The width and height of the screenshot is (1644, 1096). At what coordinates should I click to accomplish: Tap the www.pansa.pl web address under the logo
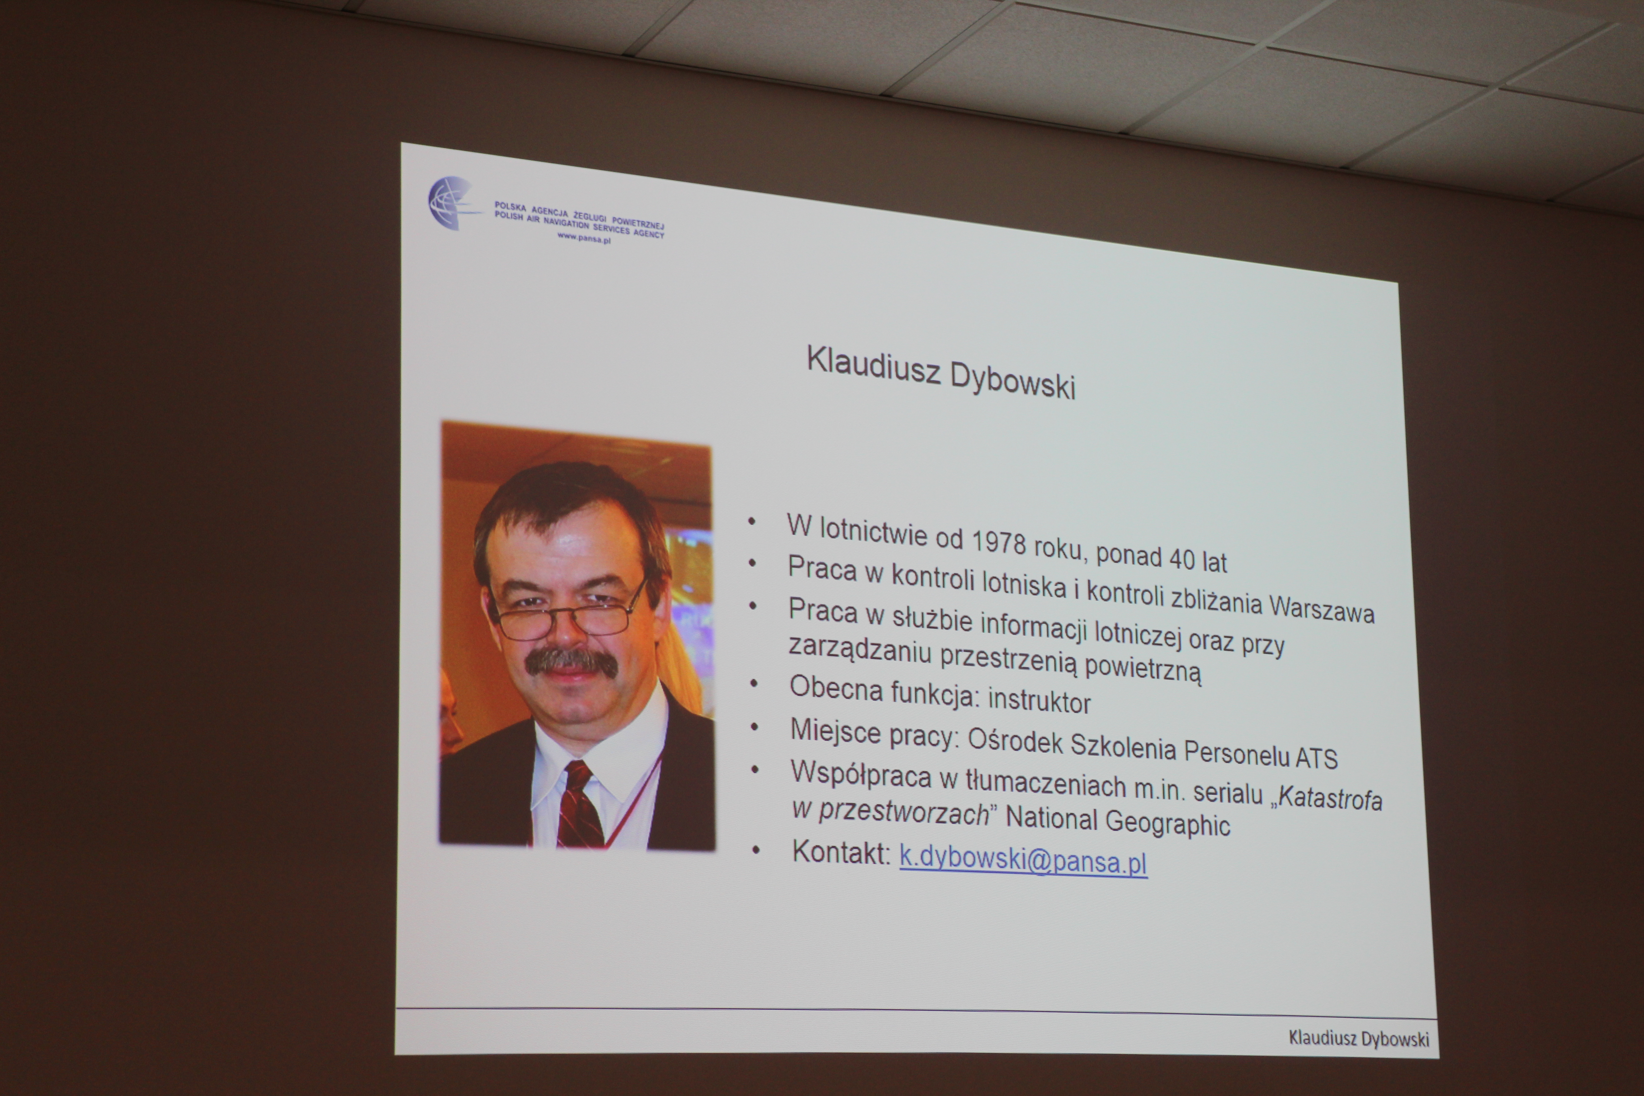point(584,238)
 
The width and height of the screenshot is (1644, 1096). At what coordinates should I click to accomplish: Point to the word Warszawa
point(1322,609)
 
